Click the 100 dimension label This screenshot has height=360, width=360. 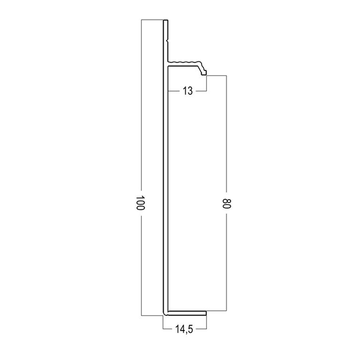(x=140, y=203)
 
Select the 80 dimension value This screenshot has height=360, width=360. (x=226, y=203)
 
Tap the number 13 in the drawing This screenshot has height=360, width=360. (x=188, y=91)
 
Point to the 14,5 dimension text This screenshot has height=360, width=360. (x=184, y=330)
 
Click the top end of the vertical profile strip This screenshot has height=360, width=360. (x=166, y=20)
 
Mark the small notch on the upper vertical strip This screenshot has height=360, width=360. (x=168, y=41)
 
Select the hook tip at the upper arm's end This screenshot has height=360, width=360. (x=204, y=74)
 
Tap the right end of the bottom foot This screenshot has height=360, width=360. (x=206, y=314)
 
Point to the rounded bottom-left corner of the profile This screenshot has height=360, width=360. (x=165, y=314)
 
